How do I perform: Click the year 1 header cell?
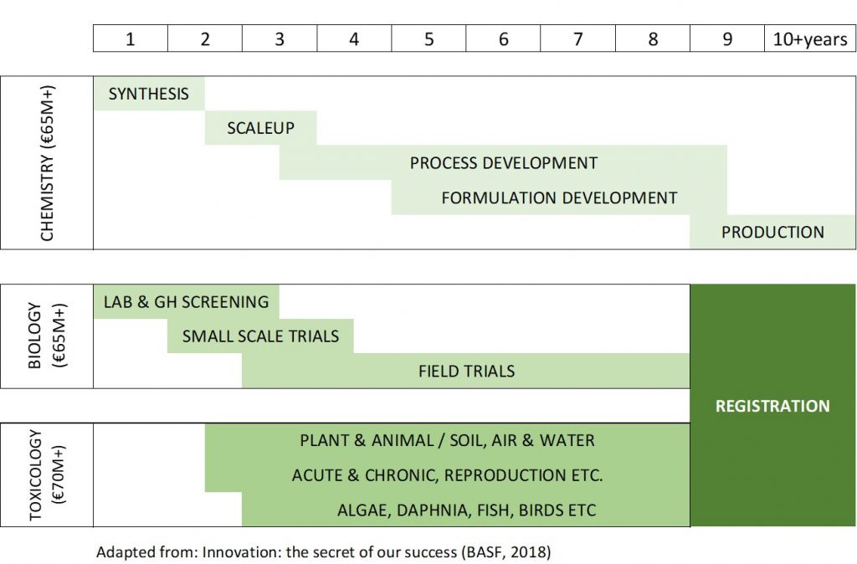point(131,39)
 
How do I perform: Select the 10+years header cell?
point(809,39)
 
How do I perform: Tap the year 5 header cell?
point(428,39)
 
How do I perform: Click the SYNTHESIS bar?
point(149,94)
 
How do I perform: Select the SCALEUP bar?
point(260,129)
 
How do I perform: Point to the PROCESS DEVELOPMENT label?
point(504,163)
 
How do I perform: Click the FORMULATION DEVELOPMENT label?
point(559,198)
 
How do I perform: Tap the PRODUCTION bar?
point(772,232)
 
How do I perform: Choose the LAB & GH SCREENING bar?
point(186,301)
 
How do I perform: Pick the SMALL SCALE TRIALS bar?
point(260,336)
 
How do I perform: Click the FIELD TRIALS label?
point(466,371)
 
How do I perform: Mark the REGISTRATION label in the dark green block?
point(772,406)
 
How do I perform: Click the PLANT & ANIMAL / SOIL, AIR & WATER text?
point(447,440)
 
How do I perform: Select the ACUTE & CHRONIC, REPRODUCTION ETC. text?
point(447,475)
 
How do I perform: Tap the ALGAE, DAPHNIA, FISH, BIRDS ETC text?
point(466,510)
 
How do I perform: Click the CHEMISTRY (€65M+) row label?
point(47,163)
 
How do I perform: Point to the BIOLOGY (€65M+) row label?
point(47,336)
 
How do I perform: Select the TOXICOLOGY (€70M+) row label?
point(47,475)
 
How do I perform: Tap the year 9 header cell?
point(726,39)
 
